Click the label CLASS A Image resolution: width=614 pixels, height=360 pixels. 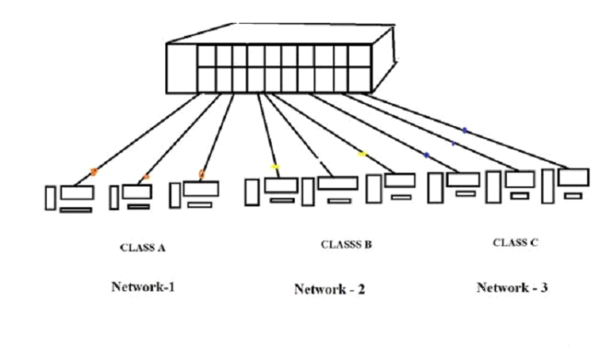[143, 247]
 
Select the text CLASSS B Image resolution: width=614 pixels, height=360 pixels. [346, 244]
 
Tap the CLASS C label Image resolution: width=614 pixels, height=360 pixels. [515, 242]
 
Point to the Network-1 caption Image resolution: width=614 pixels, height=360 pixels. [143, 287]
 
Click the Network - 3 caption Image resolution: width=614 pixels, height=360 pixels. [512, 288]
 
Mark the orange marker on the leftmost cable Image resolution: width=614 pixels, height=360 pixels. [93, 172]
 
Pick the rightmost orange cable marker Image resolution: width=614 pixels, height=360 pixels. [201, 173]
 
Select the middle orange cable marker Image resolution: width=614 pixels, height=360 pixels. [147, 177]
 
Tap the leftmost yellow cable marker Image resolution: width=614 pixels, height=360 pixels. [275, 167]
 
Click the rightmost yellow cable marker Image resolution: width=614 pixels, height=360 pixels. [363, 153]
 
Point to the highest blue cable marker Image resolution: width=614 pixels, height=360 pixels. [464, 130]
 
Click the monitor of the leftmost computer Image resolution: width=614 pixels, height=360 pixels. [77, 194]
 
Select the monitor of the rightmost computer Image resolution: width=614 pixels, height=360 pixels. [573, 177]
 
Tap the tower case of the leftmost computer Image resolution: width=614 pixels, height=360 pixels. [51, 198]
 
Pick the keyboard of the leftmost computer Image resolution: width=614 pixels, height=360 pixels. [76, 210]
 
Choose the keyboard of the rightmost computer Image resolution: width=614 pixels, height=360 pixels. [573, 196]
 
